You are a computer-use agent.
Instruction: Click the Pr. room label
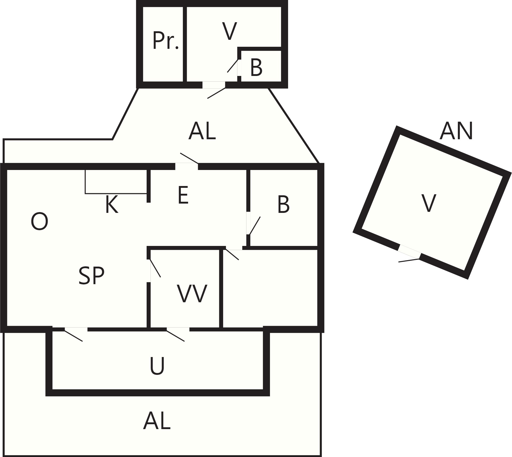(166, 40)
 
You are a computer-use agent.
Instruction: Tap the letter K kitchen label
(112, 204)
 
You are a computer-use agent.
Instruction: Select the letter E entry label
(183, 195)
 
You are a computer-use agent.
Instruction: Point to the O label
(39, 222)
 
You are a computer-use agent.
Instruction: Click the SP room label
(92, 276)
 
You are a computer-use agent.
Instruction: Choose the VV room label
(192, 293)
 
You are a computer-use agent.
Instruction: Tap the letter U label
(157, 366)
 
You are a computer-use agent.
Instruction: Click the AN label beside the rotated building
(456, 131)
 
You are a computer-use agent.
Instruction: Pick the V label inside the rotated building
(429, 203)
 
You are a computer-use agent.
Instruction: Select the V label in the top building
(229, 31)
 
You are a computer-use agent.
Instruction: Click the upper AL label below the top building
(202, 131)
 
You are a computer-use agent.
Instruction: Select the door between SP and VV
(149, 270)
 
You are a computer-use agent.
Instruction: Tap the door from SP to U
(76, 329)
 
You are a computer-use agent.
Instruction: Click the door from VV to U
(178, 329)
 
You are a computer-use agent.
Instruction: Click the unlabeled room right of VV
(270, 289)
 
